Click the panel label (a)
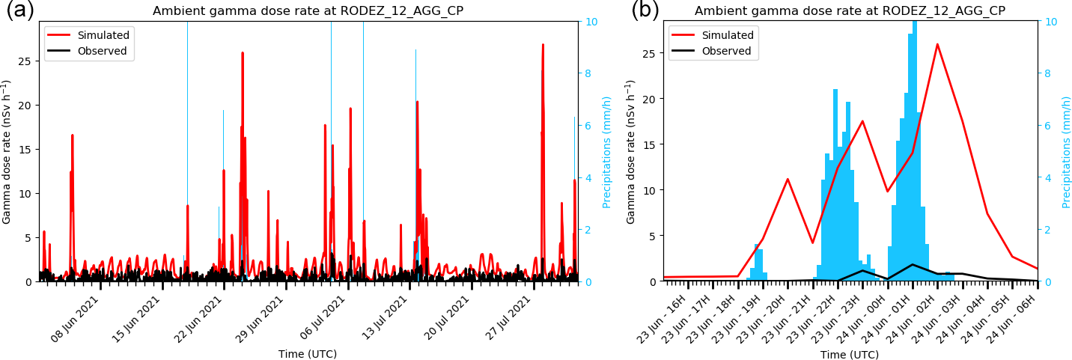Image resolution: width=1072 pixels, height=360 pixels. [x=19, y=10]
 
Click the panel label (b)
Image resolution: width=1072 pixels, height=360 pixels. [x=645, y=10]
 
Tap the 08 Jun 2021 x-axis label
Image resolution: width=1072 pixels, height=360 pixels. [x=75, y=319]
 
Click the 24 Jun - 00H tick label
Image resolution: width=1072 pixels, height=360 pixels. [x=862, y=319]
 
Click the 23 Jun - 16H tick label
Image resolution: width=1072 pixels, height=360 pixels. [x=662, y=319]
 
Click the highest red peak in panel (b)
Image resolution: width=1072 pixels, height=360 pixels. [x=937, y=44]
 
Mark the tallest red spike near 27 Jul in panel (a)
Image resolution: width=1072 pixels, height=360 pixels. [x=543, y=45]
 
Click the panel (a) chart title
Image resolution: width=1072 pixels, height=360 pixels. [x=308, y=10]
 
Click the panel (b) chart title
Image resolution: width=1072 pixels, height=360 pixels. [x=850, y=10]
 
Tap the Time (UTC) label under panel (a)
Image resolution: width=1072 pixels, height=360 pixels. [x=308, y=354]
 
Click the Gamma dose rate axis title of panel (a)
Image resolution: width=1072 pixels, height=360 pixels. [x=7, y=151]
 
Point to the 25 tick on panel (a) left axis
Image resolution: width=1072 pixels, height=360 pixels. [x=27, y=61]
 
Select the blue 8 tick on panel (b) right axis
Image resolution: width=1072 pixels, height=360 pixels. [x=1053, y=73]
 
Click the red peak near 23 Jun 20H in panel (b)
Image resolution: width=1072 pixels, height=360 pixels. [x=788, y=179]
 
